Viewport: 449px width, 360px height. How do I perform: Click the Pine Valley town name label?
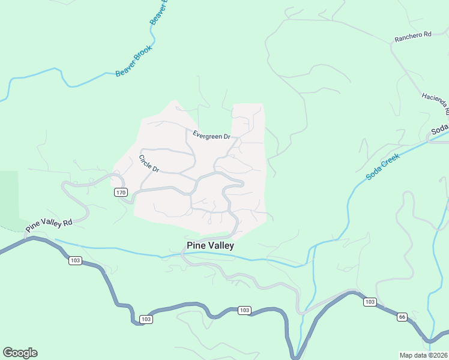pos(210,245)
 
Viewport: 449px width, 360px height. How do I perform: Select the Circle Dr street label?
pos(148,164)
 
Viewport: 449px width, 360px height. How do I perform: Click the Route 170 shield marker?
pos(121,192)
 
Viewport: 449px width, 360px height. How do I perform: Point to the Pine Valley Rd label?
pos(49,226)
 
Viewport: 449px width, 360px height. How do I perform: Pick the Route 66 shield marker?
pos(402,316)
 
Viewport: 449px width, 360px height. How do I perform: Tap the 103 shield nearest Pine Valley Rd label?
pos(75,260)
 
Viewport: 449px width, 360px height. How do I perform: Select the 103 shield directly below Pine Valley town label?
pos(243,310)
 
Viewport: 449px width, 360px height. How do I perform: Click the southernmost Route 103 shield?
pos(145,319)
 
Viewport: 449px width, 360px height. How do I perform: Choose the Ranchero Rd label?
pos(413,35)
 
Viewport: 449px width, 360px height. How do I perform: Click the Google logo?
pos(20,353)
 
